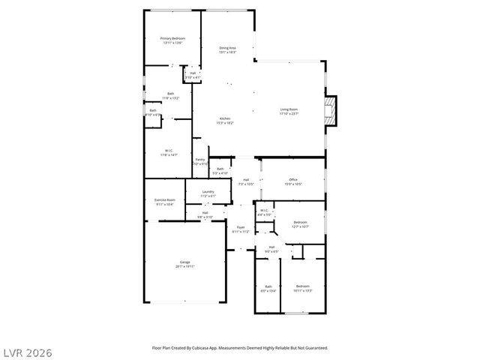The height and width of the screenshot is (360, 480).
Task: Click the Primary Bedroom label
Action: tap(172, 38)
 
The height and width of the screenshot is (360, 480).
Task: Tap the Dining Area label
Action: tap(227, 48)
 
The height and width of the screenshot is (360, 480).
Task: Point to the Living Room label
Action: tap(289, 109)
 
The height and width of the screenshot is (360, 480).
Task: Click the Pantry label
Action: tap(200, 159)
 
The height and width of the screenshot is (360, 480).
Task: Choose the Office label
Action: tap(293, 179)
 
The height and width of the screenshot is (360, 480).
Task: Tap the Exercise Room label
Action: tap(165, 200)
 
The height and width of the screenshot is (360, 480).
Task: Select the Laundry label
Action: tap(208, 192)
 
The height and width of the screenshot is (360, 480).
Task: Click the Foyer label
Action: tap(241, 227)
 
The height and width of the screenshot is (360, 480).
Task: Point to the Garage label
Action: tap(184, 262)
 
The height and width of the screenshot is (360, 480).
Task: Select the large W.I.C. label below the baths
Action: tap(169, 151)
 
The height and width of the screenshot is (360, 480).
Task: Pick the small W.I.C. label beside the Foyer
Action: tap(264, 211)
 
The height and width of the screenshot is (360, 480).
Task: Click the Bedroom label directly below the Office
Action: tap(300, 222)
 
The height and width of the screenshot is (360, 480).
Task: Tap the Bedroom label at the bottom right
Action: tap(302, 286)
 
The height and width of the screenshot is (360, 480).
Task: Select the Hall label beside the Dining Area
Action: tap(193, 73)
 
